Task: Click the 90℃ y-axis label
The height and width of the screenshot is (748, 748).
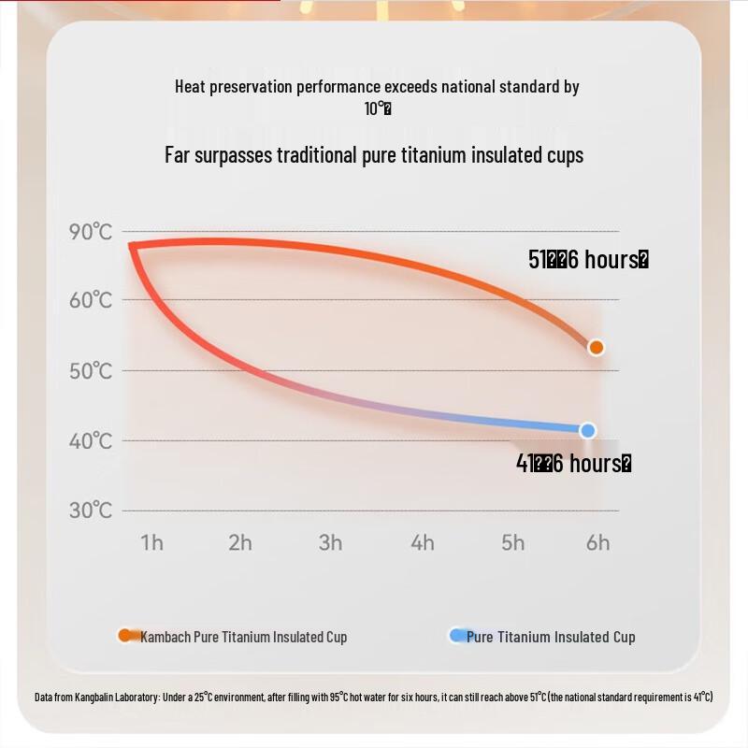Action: pos(91,232)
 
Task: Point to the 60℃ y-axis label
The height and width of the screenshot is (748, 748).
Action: pos(91,300)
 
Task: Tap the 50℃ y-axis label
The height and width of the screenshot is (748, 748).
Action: pos(91,370)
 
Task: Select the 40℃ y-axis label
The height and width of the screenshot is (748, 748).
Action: pos(91,440)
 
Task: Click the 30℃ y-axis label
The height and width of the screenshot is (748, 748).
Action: pos(91,511)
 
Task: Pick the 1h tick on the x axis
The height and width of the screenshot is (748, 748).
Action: pos(151,543)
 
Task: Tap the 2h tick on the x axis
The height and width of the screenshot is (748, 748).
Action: pos(240,543)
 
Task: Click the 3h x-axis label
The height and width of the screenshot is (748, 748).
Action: pos(330,543)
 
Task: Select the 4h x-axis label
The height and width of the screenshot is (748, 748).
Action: pos(422,543)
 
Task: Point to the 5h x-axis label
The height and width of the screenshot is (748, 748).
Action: pos(512,543)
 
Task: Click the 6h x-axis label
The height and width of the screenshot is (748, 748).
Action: pos(597,543)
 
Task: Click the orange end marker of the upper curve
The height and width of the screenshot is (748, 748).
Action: pos(596,348)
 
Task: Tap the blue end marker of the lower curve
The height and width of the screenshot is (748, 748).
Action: pos(587,430)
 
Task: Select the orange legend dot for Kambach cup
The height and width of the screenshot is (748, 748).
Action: pos(125,636)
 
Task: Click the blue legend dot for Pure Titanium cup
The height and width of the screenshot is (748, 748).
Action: pos(457,636)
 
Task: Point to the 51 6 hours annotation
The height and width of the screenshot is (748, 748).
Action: pos(588,260)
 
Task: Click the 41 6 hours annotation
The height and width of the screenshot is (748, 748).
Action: pos(573,463)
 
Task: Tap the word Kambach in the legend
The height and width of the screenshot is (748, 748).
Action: pos(165,638)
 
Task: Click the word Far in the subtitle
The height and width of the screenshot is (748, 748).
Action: pos(178,155)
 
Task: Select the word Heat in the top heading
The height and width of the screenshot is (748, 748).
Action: pos(190,87)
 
